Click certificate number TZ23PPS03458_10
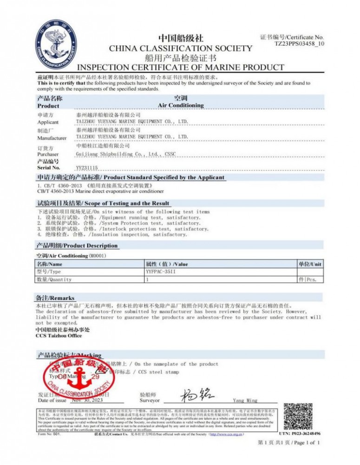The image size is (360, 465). tap(299, 44)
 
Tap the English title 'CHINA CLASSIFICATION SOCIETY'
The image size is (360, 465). tap(180, 48)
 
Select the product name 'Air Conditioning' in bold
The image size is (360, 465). tap(181, 106)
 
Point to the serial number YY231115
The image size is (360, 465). tap(87, 167)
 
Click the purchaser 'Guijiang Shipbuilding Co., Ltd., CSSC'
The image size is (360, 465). tap(126, 154)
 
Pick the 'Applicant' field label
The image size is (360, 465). tap(48, 122)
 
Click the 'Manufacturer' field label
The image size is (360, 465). tap(52, 138)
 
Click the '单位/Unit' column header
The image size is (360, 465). tap(309, 264)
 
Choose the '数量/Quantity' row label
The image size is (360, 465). tap(54, 279)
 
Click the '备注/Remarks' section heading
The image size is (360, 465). tap(55, 298)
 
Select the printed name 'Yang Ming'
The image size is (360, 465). tap(245, 401)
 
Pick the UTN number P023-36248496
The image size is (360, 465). tap(300, 433)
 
